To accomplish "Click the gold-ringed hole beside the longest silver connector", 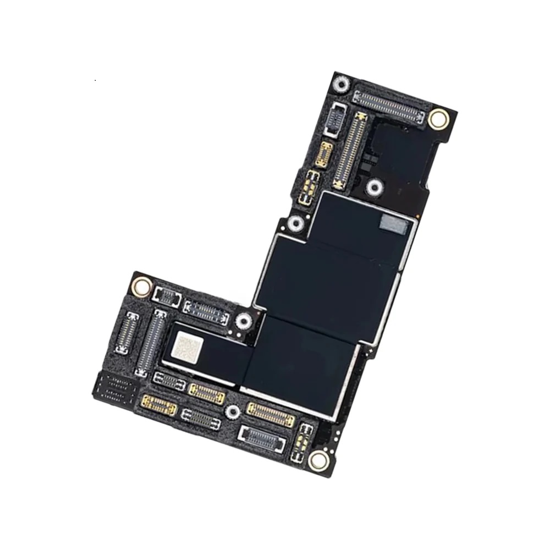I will click(438, 118).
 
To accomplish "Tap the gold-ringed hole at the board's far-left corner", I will click(142, 285).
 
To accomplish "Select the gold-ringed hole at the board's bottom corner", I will click(317, 460).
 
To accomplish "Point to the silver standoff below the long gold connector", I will click(375, 188).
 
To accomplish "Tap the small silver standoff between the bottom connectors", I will click(233, 410).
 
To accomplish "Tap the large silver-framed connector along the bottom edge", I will click(262, 438).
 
